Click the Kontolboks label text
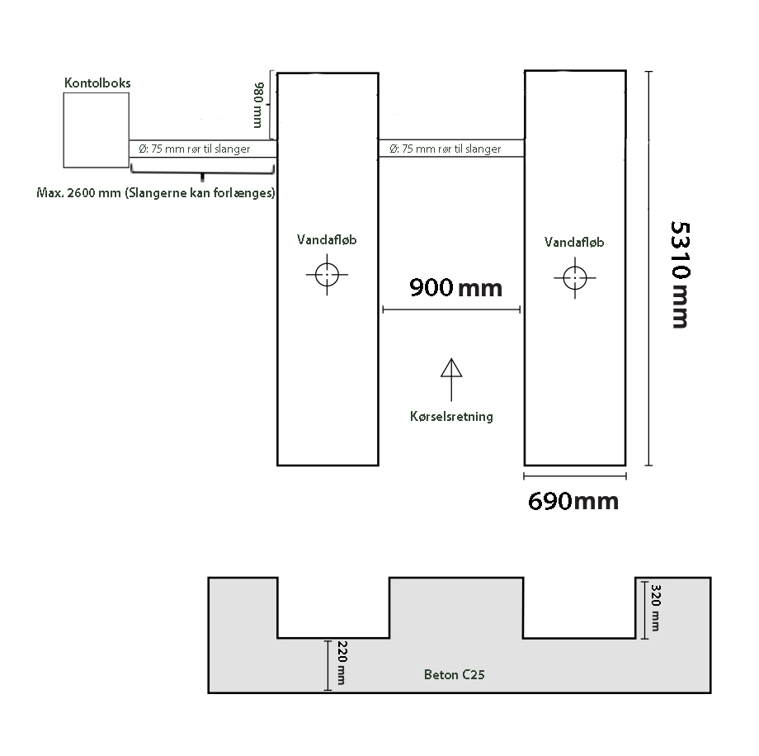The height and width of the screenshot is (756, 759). click(x=97, y=83)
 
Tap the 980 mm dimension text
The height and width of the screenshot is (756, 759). click(x=258, y=105)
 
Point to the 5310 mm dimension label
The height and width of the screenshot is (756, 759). click(x=680, y=275)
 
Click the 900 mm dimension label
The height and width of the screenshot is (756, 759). click(x=456, y=288)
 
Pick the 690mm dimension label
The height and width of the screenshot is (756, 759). click(x=573, y=501)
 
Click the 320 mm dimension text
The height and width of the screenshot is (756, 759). click(x=655, y=607)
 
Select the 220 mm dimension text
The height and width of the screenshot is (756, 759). click(x=342, y=663)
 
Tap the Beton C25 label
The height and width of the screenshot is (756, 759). click(x=454, y=674)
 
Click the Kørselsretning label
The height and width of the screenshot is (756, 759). click(x=451, y=417)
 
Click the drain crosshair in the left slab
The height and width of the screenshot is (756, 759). click(x=327, y=275)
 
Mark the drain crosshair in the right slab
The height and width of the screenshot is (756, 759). click(x=574, y=278)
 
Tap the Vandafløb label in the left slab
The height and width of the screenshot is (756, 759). click(x=327, y=239)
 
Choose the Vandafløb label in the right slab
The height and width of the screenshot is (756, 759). click(x=574, y=242)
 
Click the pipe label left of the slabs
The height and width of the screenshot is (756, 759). click(x=195, y=149)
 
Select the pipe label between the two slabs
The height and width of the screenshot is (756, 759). click(x=445, y=149)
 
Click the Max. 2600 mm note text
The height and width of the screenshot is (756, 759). click(x=156, y=193)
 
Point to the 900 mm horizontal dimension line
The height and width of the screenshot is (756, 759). click(x=451, y=309)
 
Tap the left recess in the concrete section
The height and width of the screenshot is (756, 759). click(x=333, y=607)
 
